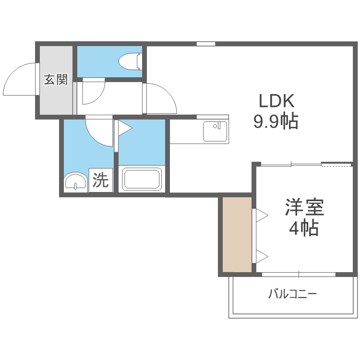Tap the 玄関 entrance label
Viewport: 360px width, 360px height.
pyautogui.click(x=56, y=79)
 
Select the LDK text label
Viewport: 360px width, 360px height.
pyautogui.click(x=276, y=101)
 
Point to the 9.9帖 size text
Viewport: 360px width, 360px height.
pyautogui.click(x=276, y=121)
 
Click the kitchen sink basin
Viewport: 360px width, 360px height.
pyautogui.click(x=215, y=132)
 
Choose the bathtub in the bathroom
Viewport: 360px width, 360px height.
pyautogui.click(x=142, y=179)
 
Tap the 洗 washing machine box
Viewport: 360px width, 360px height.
pyautogui.click(x=101, y=180)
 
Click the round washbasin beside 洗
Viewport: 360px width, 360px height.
pyautogui.click(x=75, y=182)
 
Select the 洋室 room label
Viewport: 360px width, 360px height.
pyautogui.click(x=304, y=207)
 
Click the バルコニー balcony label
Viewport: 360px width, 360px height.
pyautogui.click(x=293, y=294)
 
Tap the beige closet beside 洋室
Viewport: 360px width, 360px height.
pyautogui.click(x=237, y=234)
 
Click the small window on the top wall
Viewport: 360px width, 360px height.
pyautogui.click(x=206, y=44)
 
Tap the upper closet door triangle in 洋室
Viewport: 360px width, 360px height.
pyautogui.click(x=262, y=216)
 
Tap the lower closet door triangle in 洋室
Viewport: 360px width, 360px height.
pyautogui.click(x=262, y=256)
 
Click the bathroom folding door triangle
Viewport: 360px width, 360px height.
pyautogui.click(x=125, y=128)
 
